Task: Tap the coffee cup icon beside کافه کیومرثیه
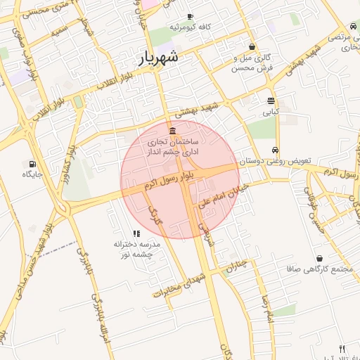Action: click(x=190, y=16)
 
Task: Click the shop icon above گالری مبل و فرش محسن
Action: click(x=252, y=46)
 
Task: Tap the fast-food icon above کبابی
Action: click(x=271, y=101)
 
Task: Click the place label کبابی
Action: click(x=271, y=111)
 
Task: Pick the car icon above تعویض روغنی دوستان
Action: click(x=276, y=150)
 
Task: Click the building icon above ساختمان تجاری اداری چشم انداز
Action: click(x=173, y=131)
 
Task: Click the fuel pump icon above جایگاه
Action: click(x=33, y=163)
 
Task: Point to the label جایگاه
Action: click(x=33, y=174)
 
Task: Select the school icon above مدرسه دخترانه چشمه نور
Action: click(x=136, y=233)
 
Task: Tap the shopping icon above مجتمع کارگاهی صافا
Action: click(x=320, y=258)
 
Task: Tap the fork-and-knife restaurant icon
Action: click(x=342, y=348)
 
